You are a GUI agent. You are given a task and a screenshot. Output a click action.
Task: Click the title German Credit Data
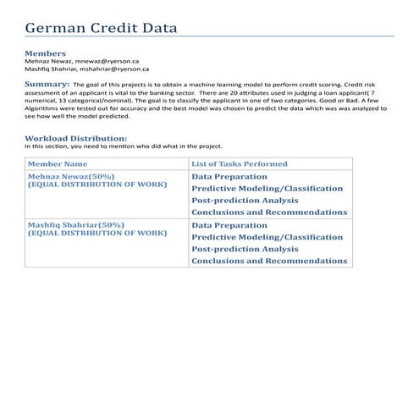[101, 28]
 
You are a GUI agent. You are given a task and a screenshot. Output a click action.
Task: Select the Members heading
[45, 53]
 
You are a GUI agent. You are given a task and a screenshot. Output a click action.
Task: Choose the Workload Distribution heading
[76, 137]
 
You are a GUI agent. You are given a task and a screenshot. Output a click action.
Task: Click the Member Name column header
[58, 163]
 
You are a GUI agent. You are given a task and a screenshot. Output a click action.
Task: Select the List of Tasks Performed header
[240, 163]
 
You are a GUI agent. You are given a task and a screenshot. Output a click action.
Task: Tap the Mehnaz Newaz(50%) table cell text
[71, 176]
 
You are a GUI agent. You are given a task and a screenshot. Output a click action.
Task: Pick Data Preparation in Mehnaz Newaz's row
[229, 177]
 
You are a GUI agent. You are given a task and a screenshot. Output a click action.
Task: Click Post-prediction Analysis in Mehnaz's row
[245, 201]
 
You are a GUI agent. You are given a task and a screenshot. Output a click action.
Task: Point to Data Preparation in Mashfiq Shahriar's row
[229, 225]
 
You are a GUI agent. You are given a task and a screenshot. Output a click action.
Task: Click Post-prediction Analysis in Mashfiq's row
[245, 249]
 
